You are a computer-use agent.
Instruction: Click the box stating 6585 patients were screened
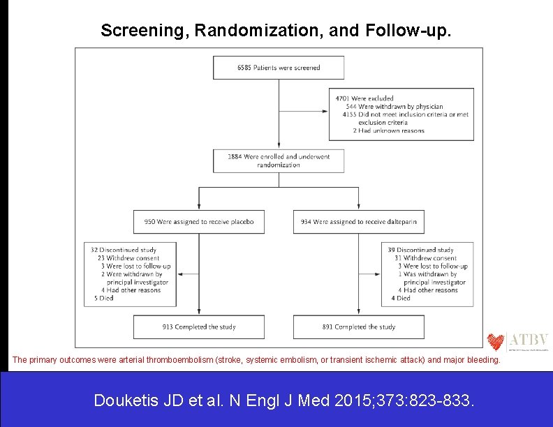coord(279,68)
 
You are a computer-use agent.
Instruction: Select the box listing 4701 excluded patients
coord(401,114)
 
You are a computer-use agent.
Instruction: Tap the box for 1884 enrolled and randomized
coord(279,160)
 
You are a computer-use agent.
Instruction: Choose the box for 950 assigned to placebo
coord(199,222)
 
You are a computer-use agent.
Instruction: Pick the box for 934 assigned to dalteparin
coord(358,222)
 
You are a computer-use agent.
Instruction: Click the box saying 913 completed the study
coord(199,327)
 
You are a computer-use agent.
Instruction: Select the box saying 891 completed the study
coord(358,327)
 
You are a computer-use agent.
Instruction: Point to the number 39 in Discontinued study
coord(391,250)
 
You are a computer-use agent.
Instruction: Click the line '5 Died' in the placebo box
coord(103,298)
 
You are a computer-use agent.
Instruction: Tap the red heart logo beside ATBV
coord(496,341)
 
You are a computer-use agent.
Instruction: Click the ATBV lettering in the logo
coord(529,340)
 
